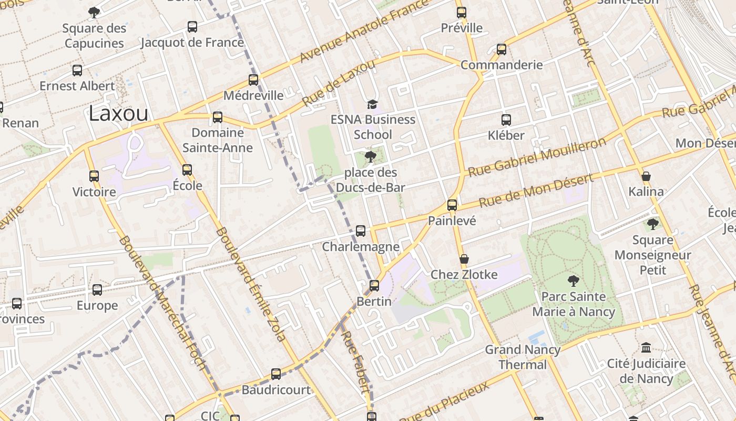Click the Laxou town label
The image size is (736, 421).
click(x=118, y=113)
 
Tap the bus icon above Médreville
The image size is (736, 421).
click(x=253, y=80)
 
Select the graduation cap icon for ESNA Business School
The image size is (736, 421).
click(x=372, y=104)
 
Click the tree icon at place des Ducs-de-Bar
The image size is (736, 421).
click(x=370, y=156)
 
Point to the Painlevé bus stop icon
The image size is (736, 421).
click(x=452, y=205)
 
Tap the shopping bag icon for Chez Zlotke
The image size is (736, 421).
click(x=464, y=259)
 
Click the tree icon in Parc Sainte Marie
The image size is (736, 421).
click(x=573, y=281)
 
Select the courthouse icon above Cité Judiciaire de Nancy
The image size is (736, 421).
click(x=646, y=348)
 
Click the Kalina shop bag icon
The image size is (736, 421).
click(x=646, y=176)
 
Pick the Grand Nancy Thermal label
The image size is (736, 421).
click(x=523, y=357)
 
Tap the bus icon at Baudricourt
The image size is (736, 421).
click(x=276, y=374)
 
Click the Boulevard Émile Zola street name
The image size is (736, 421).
click(x=250, y=284)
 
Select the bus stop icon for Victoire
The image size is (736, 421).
click(x=94, y=176)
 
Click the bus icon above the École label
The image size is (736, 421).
click(x=187, y=170)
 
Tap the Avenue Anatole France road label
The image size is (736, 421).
click(x=364, y=32)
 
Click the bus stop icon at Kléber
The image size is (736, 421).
click(x=506, y=120)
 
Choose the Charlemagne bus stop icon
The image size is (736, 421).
click(x=361, y=231)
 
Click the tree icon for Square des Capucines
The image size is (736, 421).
click(x=94, y=12)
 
